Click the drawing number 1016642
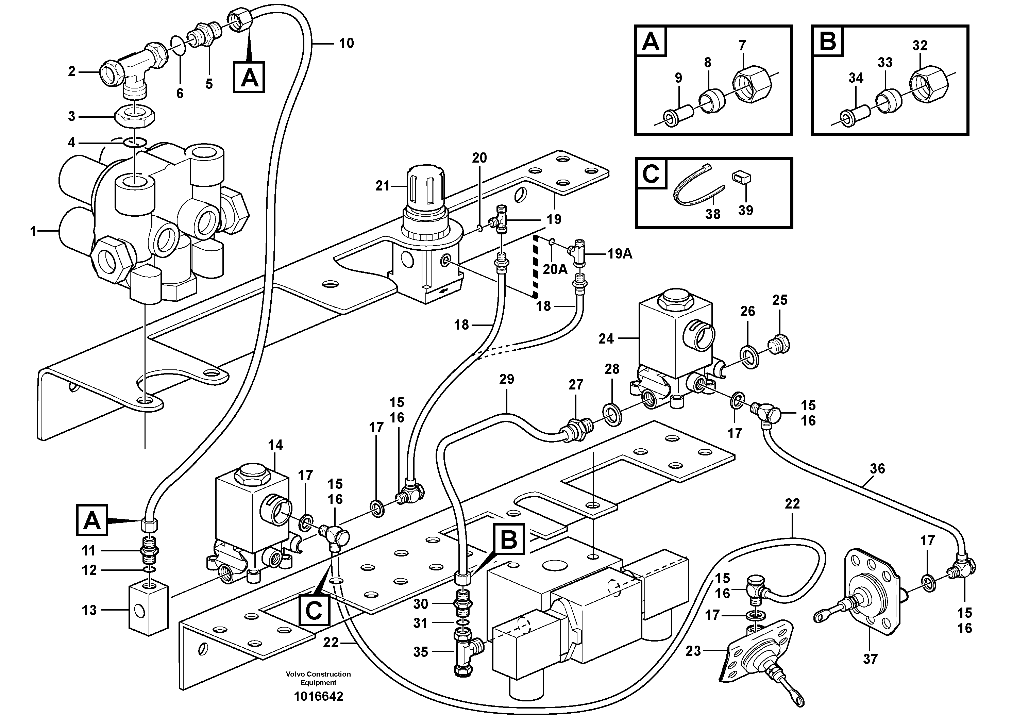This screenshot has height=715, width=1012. [x=318, y=697]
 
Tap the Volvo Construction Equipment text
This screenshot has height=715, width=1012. [x=318, y=678]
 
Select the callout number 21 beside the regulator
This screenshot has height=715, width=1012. [x=382, y=186]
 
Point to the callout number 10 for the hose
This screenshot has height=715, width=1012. [x=347, y=43]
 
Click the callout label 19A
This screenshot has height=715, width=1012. [x=620, y=254]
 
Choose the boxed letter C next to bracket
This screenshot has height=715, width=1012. [x=314, y=611]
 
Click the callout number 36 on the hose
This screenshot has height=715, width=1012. [x=877, y=469]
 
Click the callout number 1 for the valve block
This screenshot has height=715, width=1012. [x=33, y=231]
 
